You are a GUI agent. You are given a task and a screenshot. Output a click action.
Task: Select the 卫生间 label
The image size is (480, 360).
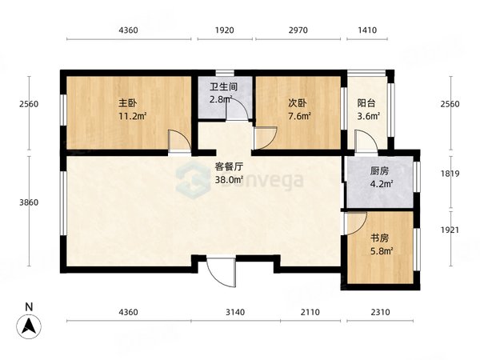tap(224, 87)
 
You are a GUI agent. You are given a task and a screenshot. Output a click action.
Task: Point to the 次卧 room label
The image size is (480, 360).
tap(298, 103)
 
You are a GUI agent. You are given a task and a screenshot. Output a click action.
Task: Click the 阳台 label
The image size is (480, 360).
tap(366, 103)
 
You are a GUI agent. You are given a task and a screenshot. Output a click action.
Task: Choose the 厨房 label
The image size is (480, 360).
tap(379, 171)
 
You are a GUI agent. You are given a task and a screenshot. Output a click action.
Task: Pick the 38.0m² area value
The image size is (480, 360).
tap(229, 180)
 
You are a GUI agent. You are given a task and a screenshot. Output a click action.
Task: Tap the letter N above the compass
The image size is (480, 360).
tap(29, 307)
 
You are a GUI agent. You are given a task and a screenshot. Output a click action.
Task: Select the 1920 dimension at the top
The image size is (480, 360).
tap(224, 30)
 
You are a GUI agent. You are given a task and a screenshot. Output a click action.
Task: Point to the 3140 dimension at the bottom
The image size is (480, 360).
tap(235, 312)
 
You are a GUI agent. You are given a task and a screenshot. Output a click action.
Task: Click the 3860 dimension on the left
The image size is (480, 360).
tap(29, 202)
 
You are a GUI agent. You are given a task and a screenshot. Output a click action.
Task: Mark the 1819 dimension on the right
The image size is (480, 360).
tap(450, 174)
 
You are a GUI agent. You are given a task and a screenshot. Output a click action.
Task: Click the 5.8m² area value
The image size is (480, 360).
tap(382, 251)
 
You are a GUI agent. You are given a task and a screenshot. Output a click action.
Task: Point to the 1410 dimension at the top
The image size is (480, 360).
tap(367, 30)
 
